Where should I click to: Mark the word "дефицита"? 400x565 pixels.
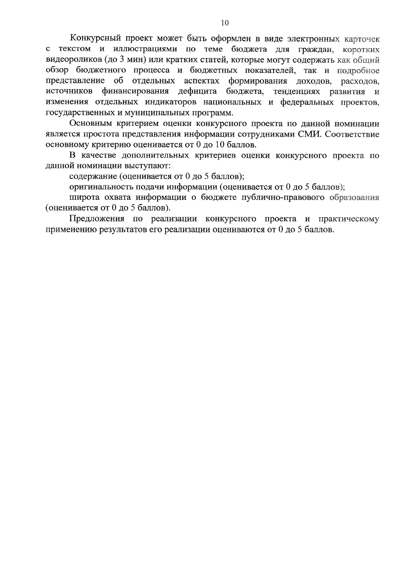pyautogui.click(x=197, y=91)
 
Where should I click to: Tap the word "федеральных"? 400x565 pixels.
pyautogui.click(x=307, y=102)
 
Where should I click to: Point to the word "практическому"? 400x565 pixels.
pyautogui.click(x=349, y=219)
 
